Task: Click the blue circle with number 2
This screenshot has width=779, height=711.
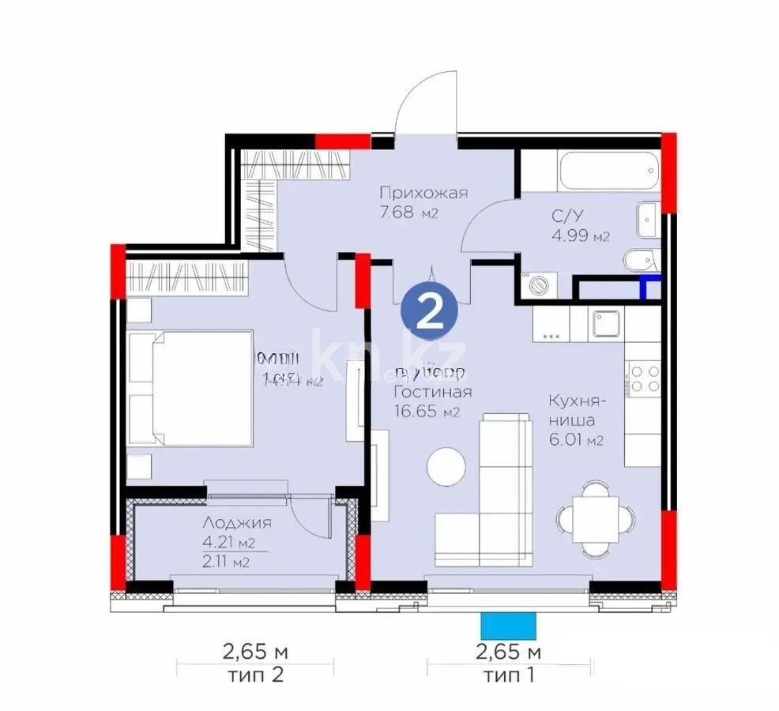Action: point(429,314)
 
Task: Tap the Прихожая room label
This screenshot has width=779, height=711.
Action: point(423,193)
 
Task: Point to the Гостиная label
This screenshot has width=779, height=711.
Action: point(433,393)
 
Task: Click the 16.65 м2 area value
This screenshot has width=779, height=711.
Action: point(426,411)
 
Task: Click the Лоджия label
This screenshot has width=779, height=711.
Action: point(237,523)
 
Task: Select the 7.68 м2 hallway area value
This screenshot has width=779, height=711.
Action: point(408,213)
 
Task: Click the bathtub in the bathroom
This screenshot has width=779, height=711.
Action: point(588,171)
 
